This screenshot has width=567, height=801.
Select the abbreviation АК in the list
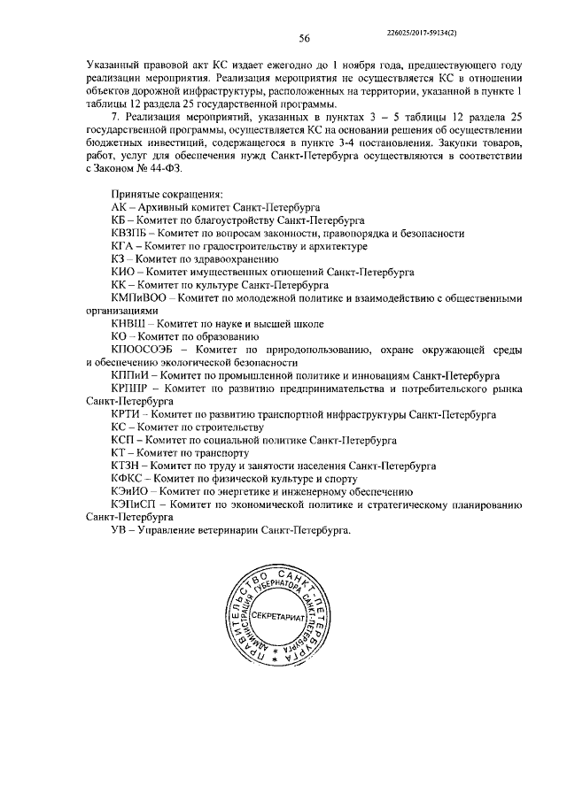tap(118, 206)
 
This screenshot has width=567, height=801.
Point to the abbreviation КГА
tap(122, 247)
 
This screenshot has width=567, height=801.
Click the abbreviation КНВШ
tap(127, 325)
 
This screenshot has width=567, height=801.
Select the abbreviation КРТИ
tap(125, 414)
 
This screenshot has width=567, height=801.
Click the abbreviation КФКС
tap(126, 479)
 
